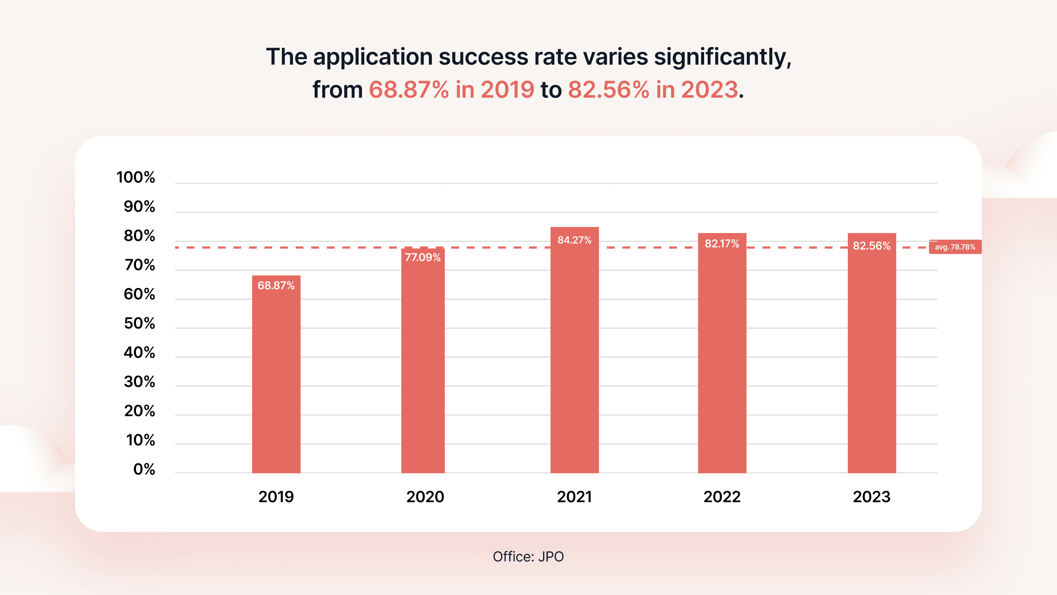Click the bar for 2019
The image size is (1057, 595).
pyautogui.click(x=276, y=374)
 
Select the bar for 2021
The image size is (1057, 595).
pyautogui.click(x=574, y=350)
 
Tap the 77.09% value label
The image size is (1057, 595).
pyautogui.click(x=423, y=258)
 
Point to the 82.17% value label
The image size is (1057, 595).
pyautogui.click(x=722, y=244)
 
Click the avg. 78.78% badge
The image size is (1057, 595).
pyautogui.click(x=955, y=247)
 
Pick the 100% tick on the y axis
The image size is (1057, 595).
pyautogui.click(x=135, y=177)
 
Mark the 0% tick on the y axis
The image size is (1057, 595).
pyautogui.click(x=144, y=469)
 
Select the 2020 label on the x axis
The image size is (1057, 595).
pyautogui.click(x=425, y=497)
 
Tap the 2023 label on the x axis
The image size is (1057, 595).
pyautogui.click(x=871, y=497)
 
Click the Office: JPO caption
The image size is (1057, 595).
pyautogui.click(x=528, y=557)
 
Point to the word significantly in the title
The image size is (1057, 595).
pyautogui.click(x=722, y=57)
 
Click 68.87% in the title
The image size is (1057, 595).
pyautogui.click(x=409, y=90)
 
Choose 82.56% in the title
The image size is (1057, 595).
pyautogui.click(x=609, y=90)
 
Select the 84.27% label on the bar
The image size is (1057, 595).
pyautogui.click(x=574, y=240)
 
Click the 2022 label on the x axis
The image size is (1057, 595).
pyautogui.click(x=722, y=497)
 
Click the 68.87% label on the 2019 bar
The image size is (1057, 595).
pyautogui.click(x=276, y=285)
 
